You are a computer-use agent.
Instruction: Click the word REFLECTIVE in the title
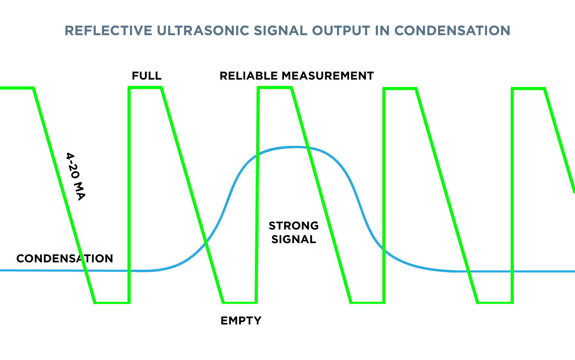pyautogui.click(x=109, y=31)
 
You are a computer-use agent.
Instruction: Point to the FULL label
pyautogui.click(x=146, y=76)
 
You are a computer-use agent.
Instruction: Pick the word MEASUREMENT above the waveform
pyautogui.click(x=328, y=76)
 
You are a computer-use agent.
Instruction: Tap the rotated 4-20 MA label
pyautogui.click(x=76, y=177)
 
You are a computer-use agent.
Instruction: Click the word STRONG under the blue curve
pyautogui.click(x=294, y=226)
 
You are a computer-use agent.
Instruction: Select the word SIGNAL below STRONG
pyautogui.click(x=294, y=239)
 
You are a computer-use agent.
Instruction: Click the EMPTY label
pyautogui.click(x=241, y=321)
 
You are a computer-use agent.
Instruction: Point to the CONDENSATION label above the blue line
pyautogui.click(x=65, y=259)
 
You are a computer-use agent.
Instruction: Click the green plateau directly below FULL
pyautogui.click(x=145, y=88)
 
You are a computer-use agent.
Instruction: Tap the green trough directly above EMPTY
pyautogui.click(x=240, y=303)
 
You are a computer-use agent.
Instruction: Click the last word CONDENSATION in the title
pyautogui.click(x=452, y=31)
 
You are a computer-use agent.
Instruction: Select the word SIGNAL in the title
pyautogui.click(x=281, y=31)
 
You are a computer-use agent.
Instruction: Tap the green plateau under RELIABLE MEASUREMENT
pyautogui.click(x=275, y=88)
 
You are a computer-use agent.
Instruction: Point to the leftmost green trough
pyautogui.click(x=112, y=303)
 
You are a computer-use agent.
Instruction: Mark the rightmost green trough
pyautogui.click(x=495, y=303)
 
